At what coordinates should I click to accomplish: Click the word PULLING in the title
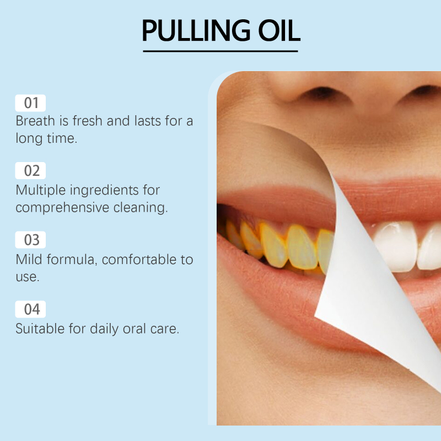196,30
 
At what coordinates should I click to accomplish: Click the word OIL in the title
279,30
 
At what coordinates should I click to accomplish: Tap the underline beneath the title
220,51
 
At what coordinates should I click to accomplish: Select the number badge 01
30,103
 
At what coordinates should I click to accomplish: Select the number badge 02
30,170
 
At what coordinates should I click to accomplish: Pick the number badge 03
30,240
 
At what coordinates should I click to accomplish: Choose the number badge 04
30,309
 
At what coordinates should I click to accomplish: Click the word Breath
35,121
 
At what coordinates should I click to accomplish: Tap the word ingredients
104,190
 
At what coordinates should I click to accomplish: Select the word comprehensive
62,208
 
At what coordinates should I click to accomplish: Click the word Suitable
40,329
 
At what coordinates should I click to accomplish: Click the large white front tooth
396,246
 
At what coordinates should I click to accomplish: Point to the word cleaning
141,208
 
